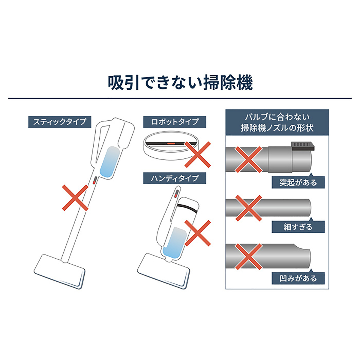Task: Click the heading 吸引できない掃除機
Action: [x=180, y=83]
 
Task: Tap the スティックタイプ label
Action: [x=60, y=122]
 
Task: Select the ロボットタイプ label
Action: [x=175, y=122]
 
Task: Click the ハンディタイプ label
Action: [x=175, y=178]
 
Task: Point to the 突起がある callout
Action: [x=298, y=182]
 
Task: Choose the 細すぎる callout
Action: [x=298, y=227]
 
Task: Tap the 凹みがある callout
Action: [x=298, y=278]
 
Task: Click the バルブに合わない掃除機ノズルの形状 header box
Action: [x=277, y=122]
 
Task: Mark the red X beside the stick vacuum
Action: [x=75, y=198]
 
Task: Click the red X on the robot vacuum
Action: [x=198, y=154]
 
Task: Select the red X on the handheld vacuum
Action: [x=198, y=233]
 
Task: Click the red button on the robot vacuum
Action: [x=171, y=143]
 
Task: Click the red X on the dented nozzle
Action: [x=248, y=257]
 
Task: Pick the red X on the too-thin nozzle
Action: [x=248, y=208]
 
